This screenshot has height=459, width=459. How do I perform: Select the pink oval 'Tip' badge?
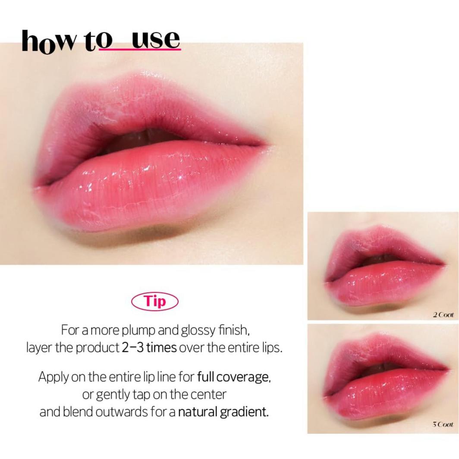tap(154, 302)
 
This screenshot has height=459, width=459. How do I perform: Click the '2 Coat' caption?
tap(443, 315)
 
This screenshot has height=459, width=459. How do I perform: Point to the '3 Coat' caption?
tap(443, 425)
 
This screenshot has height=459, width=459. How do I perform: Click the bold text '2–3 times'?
tap(149, 348)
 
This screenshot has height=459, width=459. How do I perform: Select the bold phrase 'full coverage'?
tap(234, 377)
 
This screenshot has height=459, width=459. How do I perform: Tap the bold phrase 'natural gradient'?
tap(223, 411)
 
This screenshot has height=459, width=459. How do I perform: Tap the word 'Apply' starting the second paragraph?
tap(51, 377)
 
